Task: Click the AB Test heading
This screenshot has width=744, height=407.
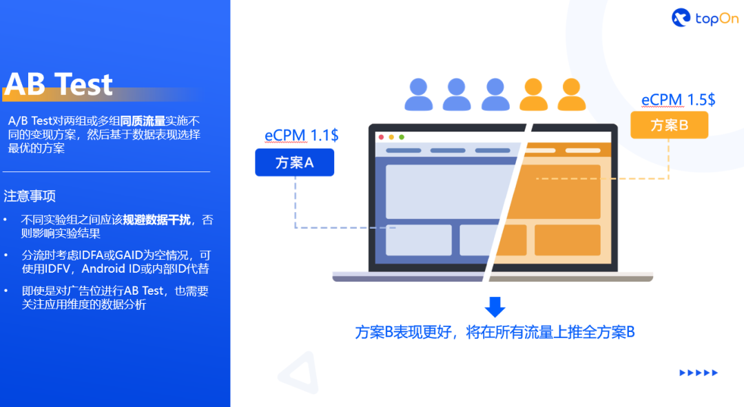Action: click(x=59, y=84)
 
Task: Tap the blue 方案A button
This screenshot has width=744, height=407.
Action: click(x=294, y=163)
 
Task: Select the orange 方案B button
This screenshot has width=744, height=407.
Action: click(x=669, y=125)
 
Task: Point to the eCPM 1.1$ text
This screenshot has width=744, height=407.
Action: click(x=301, y=135)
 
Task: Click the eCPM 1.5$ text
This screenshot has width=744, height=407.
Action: click(x=678, y=100)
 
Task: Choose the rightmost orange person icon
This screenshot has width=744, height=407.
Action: click(x=571, y=94)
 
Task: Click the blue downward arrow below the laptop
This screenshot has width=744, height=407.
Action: click(x=495, y=307)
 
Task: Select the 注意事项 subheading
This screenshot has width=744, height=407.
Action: click(x=30, y=196)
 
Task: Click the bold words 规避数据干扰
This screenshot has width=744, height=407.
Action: click(x=157, y=220)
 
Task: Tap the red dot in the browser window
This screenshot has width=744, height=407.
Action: click(x=380, y=137)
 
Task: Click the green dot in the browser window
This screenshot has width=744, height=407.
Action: click(x=401, y=137)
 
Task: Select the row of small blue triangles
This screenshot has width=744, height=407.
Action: click(x=699, y=373)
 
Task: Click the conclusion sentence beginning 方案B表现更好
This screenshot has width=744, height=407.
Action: click(x=495, y=332)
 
